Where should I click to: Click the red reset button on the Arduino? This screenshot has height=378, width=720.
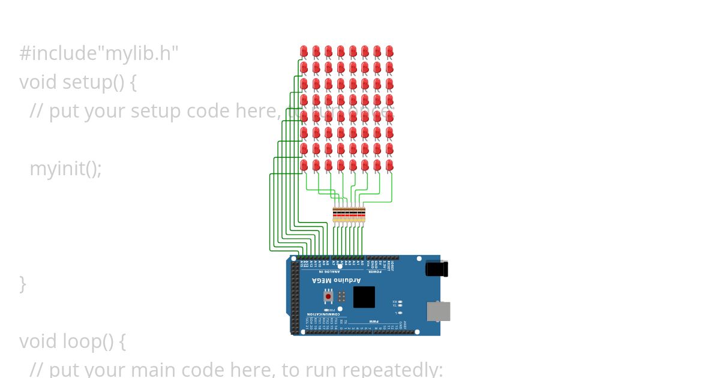tap(328, 296)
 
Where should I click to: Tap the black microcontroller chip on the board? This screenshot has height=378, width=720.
tap(364, 297)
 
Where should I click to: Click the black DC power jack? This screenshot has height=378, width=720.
tap(437, 269)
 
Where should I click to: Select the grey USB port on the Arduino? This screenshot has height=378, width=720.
tap(438, 311)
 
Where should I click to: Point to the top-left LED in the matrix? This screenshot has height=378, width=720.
tap(304, 51)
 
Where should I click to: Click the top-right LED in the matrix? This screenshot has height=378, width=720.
tap(389, 51)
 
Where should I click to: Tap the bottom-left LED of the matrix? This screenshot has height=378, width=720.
tap(304, 164)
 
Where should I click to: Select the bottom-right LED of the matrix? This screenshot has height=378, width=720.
tap(389, 164)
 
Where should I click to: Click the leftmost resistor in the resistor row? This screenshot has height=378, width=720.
tap(335, 214)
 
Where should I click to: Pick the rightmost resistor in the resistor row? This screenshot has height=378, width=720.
tap(362, 214)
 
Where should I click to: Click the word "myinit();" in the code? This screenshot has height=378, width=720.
tap(65, 169)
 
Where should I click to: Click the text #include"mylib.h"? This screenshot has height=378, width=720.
tap(99, 53)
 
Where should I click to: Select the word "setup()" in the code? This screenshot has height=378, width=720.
tap(91, 82)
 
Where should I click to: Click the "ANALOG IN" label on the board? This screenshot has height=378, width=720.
tap(329, 272)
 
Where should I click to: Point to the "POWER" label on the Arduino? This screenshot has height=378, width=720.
tap(375, 272)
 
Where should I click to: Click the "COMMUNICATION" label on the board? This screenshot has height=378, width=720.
tap(323, 314)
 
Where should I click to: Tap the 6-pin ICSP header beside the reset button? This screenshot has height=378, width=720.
tap(341, 296)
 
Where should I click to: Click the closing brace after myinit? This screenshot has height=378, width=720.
tap(23, 284)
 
